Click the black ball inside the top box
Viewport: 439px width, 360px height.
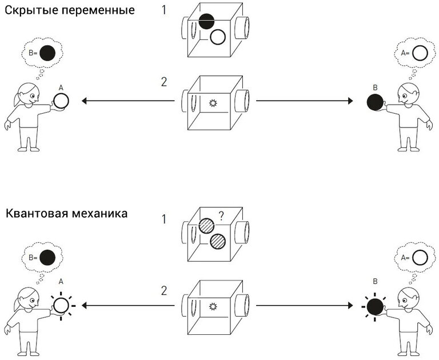coord(206,21)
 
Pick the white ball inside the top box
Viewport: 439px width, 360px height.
coord(218,38)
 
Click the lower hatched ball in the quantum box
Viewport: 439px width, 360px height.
coord(217,242)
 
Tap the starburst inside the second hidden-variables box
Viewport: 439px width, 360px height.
coord(214,103)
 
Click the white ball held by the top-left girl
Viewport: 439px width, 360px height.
coord(61,102)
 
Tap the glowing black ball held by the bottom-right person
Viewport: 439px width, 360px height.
coord(374,306)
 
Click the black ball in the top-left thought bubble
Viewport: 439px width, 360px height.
coord(49,54)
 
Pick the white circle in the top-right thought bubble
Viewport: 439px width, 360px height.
coord(420,54)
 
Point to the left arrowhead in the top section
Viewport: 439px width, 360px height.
coord(85,101)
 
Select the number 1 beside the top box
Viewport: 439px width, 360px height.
coord(164,10)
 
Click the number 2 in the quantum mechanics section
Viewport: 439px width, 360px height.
coord(164,291)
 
